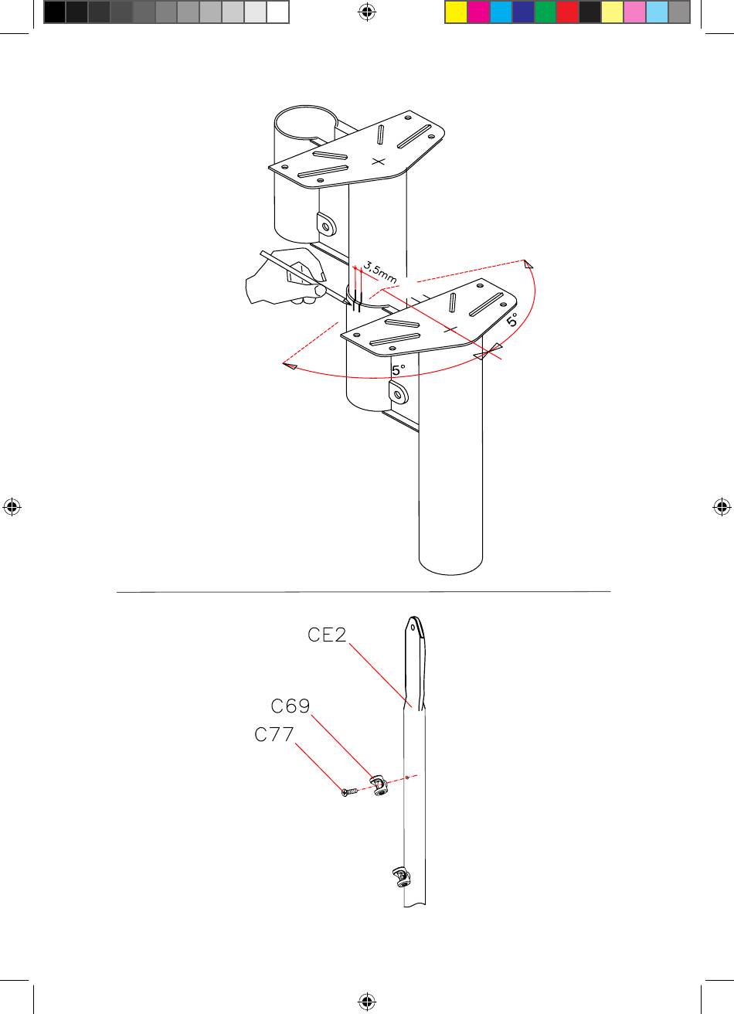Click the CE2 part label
click(327, 635)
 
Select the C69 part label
click(290, 706)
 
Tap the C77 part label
click(274, 734)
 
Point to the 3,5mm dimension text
click(379, 273)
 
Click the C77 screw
click(350, 791)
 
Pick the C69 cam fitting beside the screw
click(379, 785)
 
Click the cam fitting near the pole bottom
click(401, 877)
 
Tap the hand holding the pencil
click(286, 277)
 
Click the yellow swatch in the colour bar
click(456, 12)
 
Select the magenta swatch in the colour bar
click(477, 12)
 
